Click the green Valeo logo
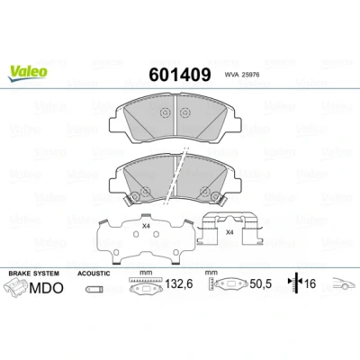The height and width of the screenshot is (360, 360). pyautogui.click(x=28, y=73)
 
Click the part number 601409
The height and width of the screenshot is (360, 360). pyautogui.click(x=180, y=75)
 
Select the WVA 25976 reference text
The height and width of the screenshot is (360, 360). pyautogui.click(x=241, y=75)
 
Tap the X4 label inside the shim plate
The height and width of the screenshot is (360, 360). pyautogui.click(x=146, y=226)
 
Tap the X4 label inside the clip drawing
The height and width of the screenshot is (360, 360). pyautogui.click(x=229, y=232)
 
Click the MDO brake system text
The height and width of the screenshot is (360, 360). pyautogui.click(x=47, y=288)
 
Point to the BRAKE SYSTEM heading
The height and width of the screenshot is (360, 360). pyautogui.click(x=34, y=274)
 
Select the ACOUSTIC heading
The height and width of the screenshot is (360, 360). pyautogui.click(x=94, y=274)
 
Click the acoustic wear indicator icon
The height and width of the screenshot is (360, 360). pyautogui.click(x=94, y=289)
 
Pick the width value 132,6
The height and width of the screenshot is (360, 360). pyautogui.click(x=179, y=283)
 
